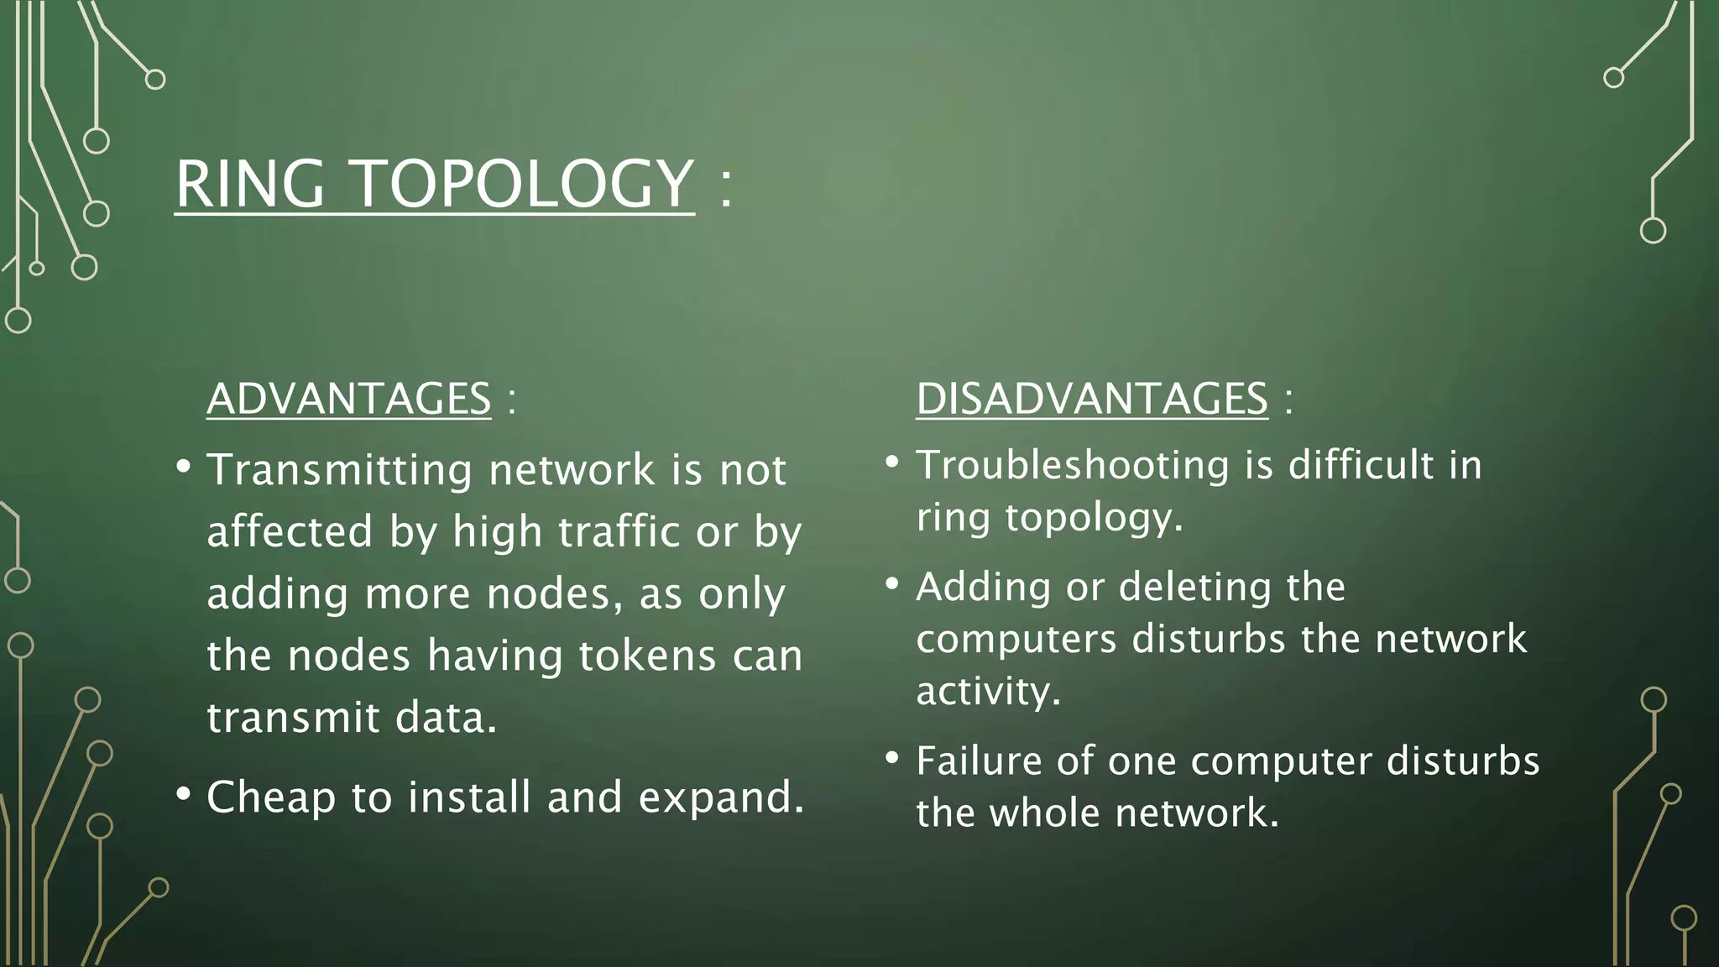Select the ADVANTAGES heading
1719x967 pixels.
(x=348, y=398)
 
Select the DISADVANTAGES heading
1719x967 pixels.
(x=1091, y=398)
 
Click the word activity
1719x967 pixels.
(x=987, y=692)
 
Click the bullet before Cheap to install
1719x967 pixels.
(x=183, y=793)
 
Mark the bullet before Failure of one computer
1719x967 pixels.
(x=892, y=758)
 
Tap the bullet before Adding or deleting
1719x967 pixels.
(x=892, y=583)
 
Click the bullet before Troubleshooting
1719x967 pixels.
(x=892, y=462)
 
